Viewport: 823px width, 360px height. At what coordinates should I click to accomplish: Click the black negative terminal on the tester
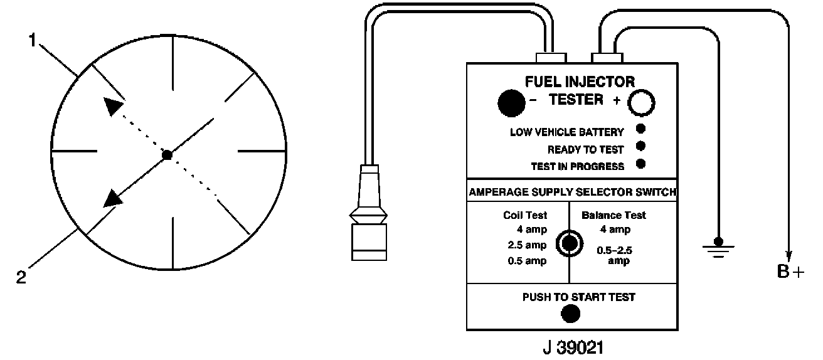click(511, 102)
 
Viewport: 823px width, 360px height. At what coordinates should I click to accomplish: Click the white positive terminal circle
click(641, 103)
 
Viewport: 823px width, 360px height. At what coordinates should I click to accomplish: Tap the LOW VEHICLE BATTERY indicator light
click(640, 130)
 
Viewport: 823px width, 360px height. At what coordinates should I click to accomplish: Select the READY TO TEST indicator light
click(640, 147)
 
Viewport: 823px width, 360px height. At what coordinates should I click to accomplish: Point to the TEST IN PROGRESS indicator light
click(640, 164)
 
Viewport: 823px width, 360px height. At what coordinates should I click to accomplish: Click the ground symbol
click(719, 247)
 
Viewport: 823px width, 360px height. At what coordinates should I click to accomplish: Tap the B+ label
click(790, 273)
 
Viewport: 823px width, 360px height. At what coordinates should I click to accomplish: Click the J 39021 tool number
click(572, 347)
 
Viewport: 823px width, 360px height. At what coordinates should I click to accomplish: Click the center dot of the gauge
click(166, 154)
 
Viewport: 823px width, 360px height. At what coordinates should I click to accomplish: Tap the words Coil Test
click(525, 215)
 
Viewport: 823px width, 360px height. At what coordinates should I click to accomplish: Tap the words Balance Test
click(613, 215)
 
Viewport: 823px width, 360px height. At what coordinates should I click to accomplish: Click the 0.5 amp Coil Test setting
click(527, 261)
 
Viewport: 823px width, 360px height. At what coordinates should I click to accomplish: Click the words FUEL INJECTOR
click(580, 82)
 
